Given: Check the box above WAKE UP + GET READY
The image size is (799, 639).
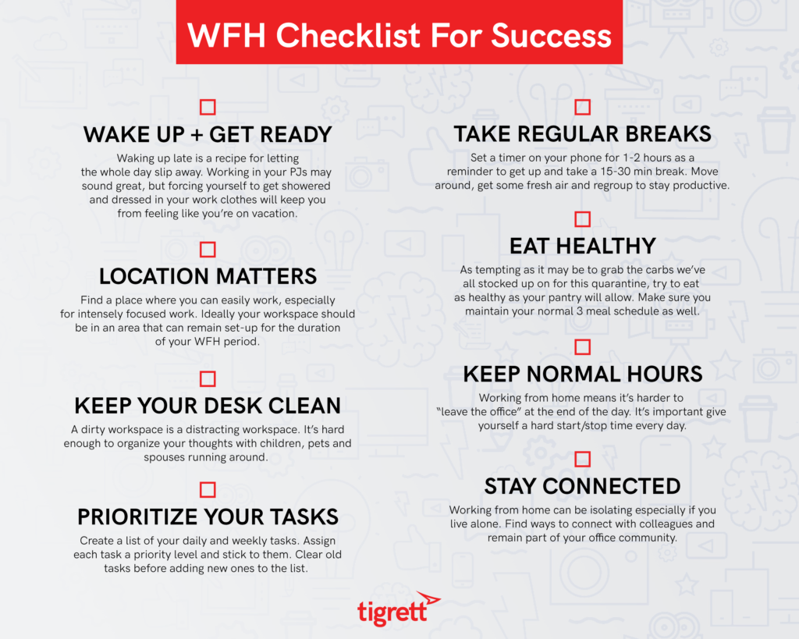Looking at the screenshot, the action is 208,107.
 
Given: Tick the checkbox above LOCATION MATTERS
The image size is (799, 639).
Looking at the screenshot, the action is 208,249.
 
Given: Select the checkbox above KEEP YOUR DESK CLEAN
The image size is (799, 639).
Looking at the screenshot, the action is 208,378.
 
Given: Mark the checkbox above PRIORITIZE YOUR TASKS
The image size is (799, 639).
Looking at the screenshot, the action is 208,490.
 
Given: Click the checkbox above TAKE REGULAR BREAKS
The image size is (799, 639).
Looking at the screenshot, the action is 582,107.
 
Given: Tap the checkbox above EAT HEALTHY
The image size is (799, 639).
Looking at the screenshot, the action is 582,219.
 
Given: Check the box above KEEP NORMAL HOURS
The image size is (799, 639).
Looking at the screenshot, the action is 582,347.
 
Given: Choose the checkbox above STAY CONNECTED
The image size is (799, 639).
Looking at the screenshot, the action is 582,459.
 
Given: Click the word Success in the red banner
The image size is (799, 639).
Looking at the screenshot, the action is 552,36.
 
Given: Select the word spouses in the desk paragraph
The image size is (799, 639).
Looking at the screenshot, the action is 164,457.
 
